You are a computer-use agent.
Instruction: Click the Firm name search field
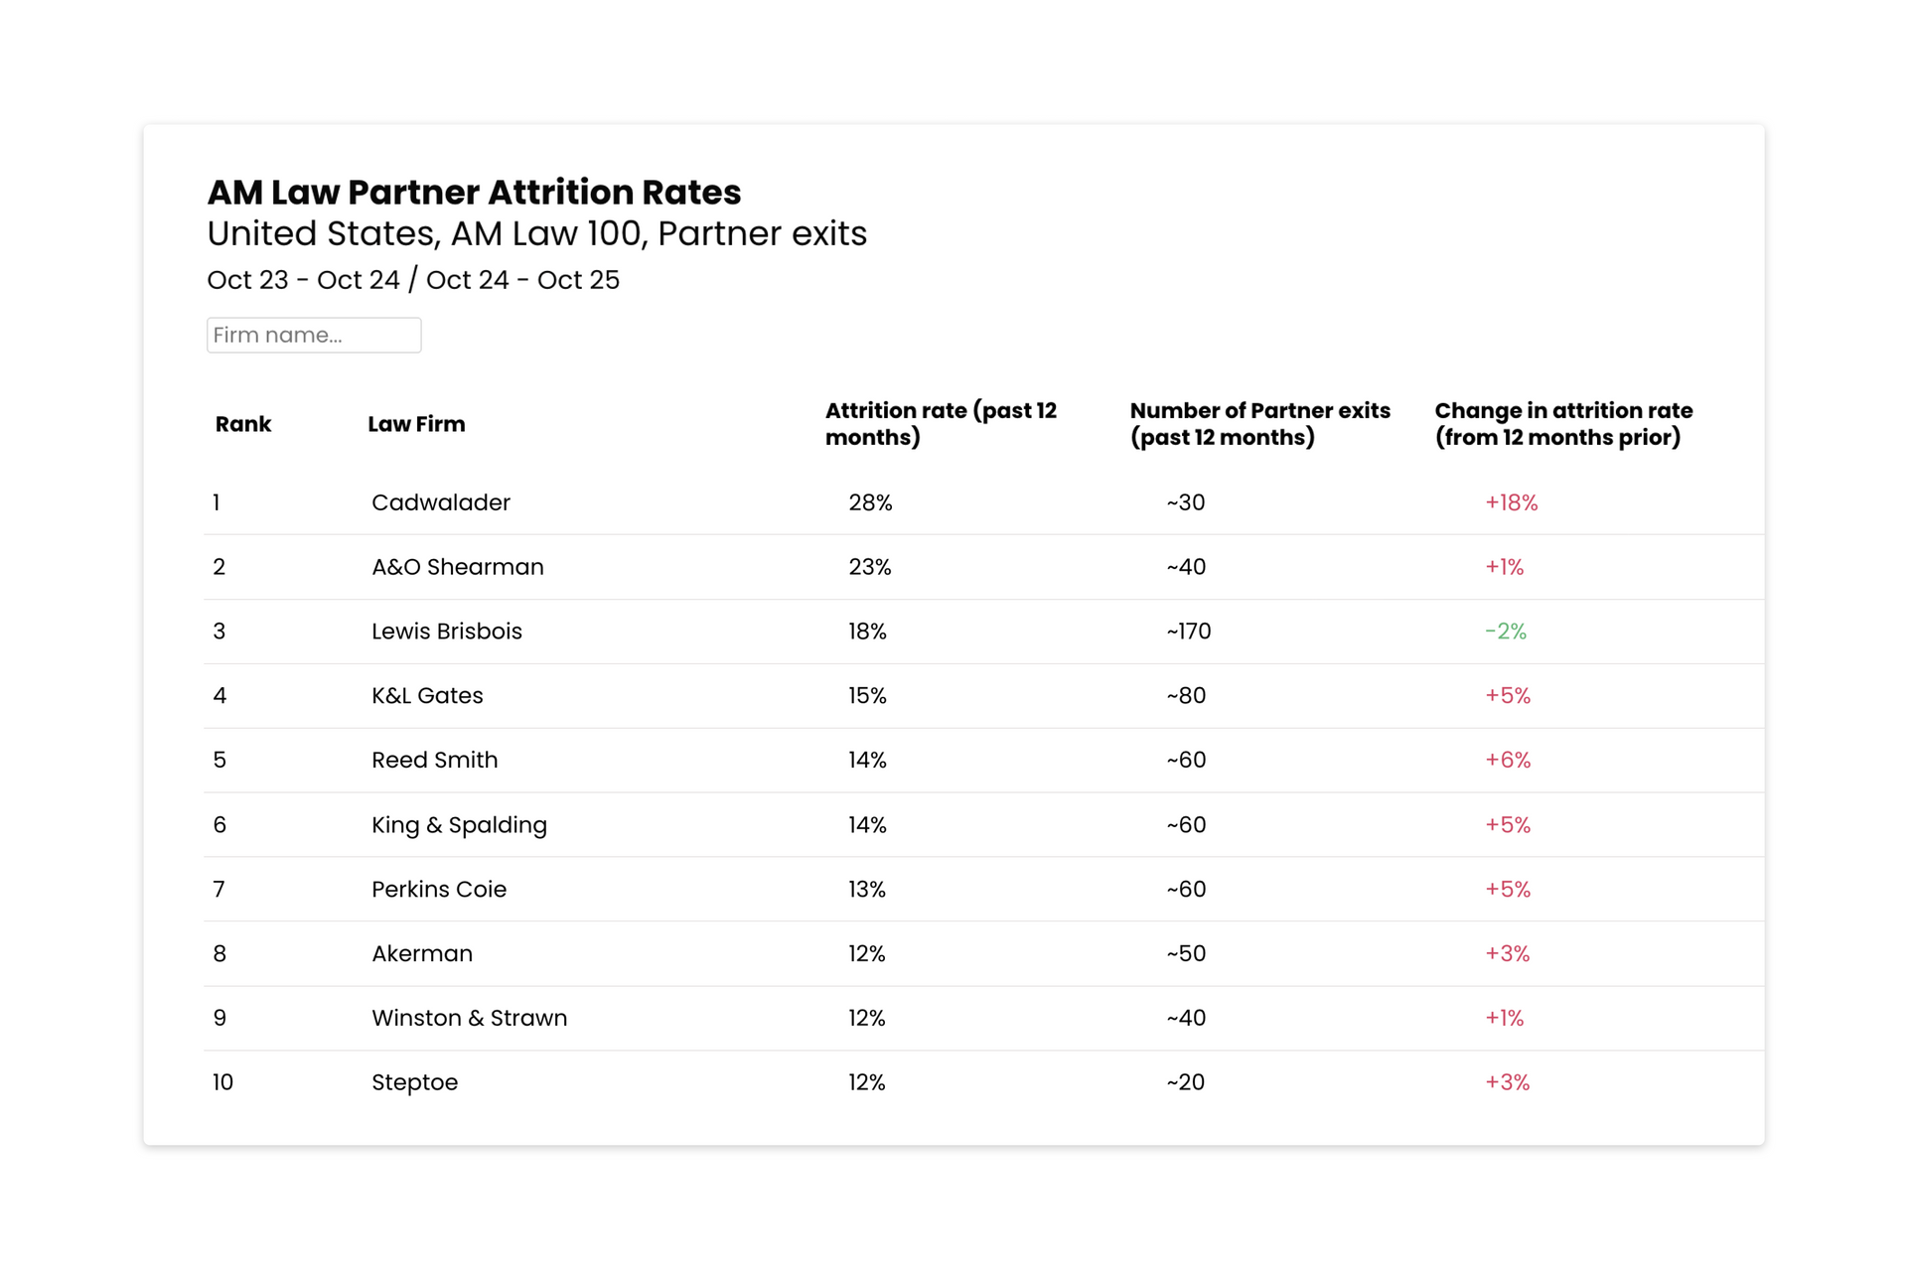coord(314,335)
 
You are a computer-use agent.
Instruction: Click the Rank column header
coord(243,424)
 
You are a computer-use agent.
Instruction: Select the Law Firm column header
coord(416,424)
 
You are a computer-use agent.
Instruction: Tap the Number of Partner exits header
coord(1259,424)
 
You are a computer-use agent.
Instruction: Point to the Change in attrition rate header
coord(1563,424)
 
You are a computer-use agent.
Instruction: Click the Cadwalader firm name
coord(441,502)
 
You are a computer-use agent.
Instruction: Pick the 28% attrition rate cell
coord(870,502)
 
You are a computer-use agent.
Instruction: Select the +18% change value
coord(1511,502)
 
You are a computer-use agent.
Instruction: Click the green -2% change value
coord(1505,632)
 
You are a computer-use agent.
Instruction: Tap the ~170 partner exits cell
coord(1188,632)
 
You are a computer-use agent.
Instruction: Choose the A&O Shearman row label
coord(458,567)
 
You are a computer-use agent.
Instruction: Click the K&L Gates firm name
coord(427,696)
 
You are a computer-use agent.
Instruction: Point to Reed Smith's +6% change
coord(1507,761)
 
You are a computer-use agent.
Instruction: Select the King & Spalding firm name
coord(459,825)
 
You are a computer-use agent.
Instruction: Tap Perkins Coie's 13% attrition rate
coord(867,890)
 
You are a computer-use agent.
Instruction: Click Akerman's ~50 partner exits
coord(1186,954)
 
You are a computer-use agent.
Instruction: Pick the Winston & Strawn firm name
coord(469,1018)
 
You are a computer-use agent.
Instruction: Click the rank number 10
coord(222,1082)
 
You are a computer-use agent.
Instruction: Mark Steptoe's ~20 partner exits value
coord(1185,1082)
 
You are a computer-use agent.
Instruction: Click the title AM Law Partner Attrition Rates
coord(474,192)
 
